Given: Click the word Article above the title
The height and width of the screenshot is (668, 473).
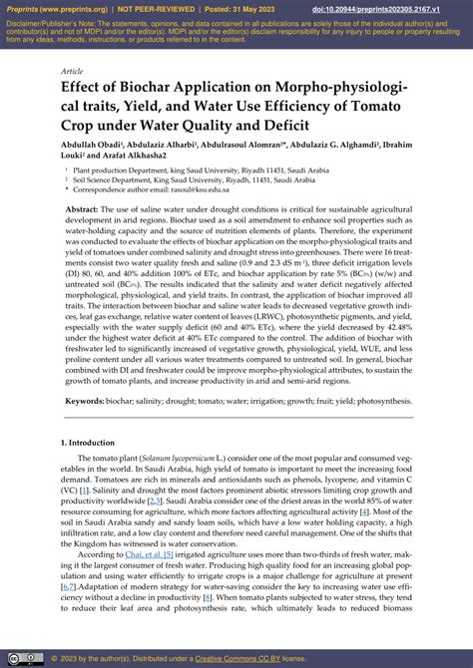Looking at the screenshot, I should [72, 72].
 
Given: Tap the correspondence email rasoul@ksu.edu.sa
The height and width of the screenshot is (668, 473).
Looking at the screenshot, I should [200, 188].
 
